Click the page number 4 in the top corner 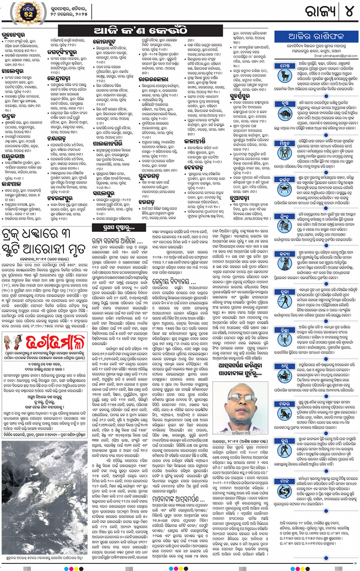[349, 11]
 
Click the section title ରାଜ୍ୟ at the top [320, 11]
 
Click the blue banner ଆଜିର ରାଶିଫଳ [316, 37]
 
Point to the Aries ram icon [285, 75]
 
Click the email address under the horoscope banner [336, 56]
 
